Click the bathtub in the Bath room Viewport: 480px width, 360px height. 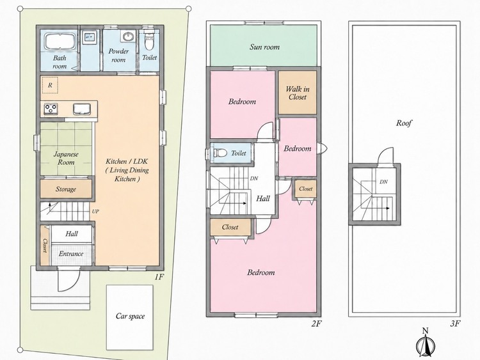(60, 42)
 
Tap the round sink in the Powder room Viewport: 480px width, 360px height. (127, 36)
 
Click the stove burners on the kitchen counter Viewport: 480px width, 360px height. (51, 109)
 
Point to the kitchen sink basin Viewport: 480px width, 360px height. (82, 109)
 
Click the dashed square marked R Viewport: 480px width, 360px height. (50, 85)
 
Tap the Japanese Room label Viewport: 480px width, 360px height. (66, 158)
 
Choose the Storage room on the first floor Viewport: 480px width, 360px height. (66, 189)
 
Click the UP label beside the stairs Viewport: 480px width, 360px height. (95, 211)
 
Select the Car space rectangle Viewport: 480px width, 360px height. (130, 317)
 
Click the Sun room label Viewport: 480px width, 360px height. (264, 47)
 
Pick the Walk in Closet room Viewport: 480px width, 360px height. (297, 93)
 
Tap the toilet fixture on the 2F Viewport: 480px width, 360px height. (220, 152)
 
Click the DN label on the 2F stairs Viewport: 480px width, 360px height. (254, 178)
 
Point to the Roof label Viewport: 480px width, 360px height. (404, 123)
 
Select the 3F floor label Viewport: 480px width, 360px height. (455, 324)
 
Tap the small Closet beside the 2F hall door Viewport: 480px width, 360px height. (305, 189)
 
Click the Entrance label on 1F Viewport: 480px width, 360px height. (71, 254)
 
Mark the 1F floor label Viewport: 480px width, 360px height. (159, 277)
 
